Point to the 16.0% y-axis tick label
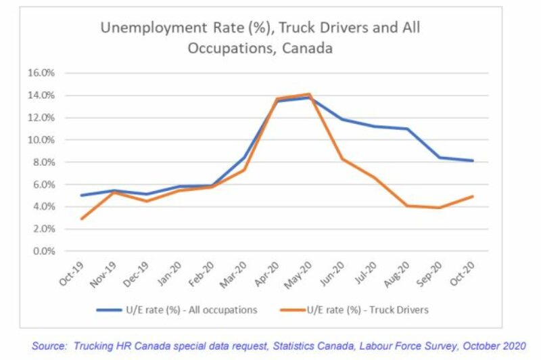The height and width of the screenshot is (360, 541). click(x=51, y=73)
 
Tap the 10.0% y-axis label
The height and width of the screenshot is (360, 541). click(x=51, y=140)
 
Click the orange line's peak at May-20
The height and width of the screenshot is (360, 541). click(x=309, y=94)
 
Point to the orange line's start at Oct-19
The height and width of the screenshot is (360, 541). click(x=81, y=219)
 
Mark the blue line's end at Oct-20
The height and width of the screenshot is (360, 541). click(x=473, y=160)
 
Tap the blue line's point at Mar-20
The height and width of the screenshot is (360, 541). click(x=244, y=158)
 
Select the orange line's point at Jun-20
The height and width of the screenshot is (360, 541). click(x=342, y=158)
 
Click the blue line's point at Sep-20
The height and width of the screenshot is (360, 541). click(x=440, y=158)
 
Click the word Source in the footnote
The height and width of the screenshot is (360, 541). click(x=49, y=345)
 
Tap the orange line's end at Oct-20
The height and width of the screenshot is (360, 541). click(x=473, y=196)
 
